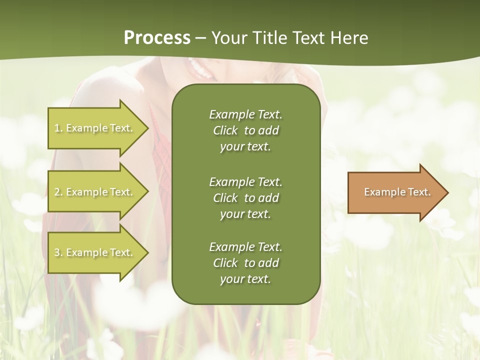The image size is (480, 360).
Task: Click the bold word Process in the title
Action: [157, 38]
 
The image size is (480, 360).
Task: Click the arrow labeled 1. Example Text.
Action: [95, 128]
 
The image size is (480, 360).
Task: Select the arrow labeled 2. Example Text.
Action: [95, 192]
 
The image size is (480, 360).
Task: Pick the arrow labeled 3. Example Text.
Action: [95, 252]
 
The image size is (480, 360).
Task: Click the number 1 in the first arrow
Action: [57, 128]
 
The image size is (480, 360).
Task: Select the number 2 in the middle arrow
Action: [57, 192]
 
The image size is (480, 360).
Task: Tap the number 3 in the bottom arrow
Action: [57, 252]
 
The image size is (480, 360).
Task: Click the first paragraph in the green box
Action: [245, 130]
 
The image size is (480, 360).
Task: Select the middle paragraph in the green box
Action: [245, 197]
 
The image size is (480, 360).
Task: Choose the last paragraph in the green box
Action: [245, 263]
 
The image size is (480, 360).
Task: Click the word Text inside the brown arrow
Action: [419, 192]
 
